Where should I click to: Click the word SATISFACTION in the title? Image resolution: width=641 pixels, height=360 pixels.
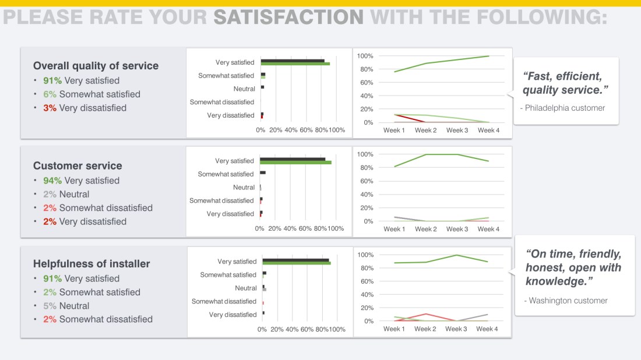(x=288, y=17)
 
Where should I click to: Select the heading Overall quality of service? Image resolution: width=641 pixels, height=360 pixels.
(x=96, y=66)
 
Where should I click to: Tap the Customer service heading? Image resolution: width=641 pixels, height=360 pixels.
(x=78, y=166)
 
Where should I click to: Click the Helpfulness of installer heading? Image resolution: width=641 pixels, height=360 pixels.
(x=91, y=264)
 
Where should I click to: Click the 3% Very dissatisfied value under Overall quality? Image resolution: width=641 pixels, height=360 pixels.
(x=50, y=108)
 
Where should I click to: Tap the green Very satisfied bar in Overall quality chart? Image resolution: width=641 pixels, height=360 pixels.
(x=295, y=64)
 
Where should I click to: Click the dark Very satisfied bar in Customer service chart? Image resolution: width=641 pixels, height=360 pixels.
(x=293, y=159)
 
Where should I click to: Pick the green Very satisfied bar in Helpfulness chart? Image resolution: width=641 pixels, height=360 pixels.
(x=296, y=263)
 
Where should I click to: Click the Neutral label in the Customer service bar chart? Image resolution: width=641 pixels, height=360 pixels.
(x=244, y=188)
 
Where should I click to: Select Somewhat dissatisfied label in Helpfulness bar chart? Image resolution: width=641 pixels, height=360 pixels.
(x=224, y=302)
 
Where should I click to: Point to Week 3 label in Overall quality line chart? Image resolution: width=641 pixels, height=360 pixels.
(x=457, y=130)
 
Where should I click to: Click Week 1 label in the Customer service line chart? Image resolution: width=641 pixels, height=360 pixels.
(x=394, y=229)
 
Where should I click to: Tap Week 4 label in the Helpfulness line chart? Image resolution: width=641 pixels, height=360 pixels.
(x=487, y=329)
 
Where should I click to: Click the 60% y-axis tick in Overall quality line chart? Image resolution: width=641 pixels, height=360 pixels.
(x=365, y=83)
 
